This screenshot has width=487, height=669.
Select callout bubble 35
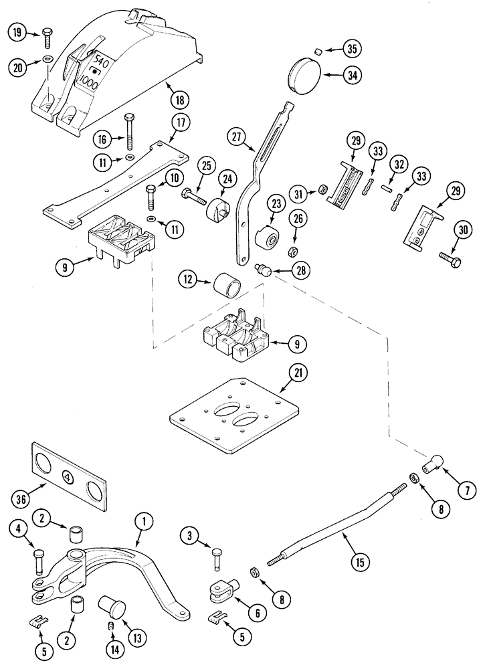(351, 48)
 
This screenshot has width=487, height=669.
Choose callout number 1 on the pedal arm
(142, 519)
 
